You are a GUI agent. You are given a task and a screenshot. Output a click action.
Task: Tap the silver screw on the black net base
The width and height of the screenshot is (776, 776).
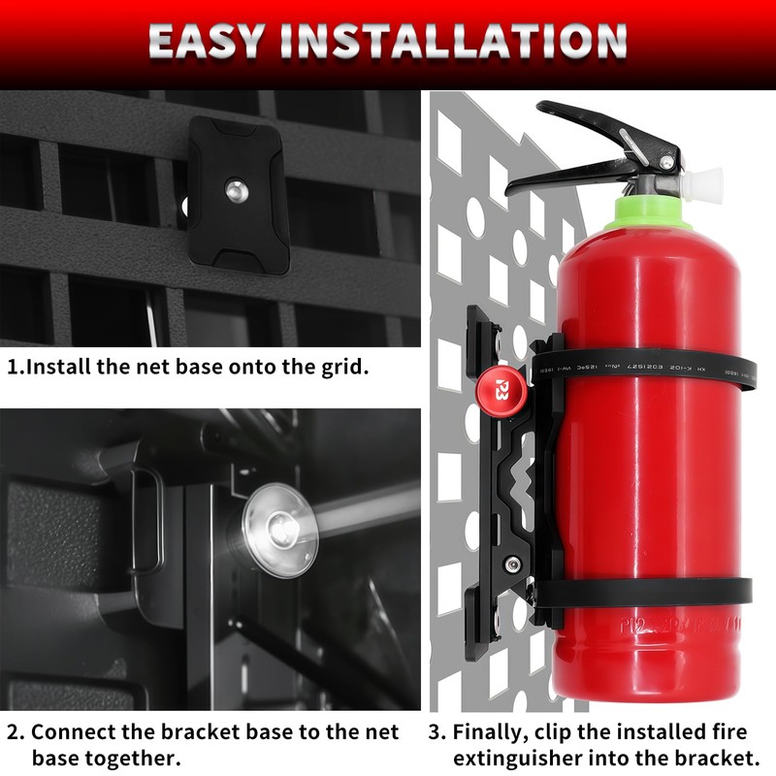[235, 189]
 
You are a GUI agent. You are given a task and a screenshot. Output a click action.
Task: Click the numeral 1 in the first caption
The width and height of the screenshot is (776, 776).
[13, 370]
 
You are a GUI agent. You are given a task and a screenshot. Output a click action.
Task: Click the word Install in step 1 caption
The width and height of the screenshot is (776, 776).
[57, 370]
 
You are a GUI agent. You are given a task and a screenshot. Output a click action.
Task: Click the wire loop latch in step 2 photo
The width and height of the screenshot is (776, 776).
[145, 519]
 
